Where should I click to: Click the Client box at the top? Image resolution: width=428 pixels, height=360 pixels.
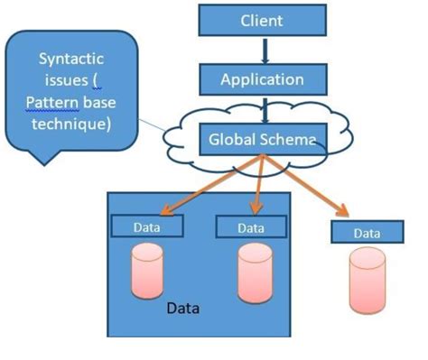tap(261, 20)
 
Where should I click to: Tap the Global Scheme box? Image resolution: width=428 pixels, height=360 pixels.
tap(262, 140)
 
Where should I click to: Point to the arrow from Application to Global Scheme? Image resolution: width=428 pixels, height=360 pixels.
tap(261, 108)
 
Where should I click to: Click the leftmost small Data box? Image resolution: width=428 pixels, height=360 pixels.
tap(146, 226)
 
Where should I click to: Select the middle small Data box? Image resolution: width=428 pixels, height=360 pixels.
tap(251, 226)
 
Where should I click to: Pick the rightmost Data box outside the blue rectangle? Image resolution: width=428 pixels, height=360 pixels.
tap(367, 232)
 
